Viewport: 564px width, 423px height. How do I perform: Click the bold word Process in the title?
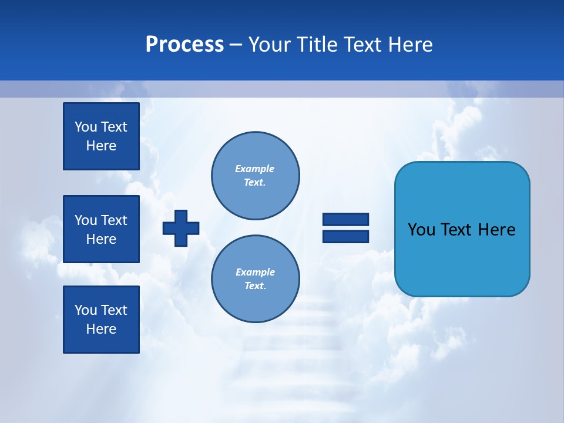[x=184, y=45]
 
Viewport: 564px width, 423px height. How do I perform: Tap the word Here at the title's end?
[x=409, y=45]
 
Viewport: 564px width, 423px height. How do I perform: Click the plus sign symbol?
[x=181, y=229]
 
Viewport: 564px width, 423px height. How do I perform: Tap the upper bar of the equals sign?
[x=345, y=220]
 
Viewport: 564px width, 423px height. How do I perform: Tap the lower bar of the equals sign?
[x=345, y=237]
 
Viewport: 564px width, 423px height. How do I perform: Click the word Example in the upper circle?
[x=255, y=169]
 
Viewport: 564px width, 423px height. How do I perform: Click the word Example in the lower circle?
[x=255, y=272]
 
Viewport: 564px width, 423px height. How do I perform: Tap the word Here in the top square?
[x=101, y=146]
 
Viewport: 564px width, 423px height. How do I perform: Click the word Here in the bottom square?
[x=101, y=329]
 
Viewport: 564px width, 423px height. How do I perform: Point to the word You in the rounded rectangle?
[x=421, y=230]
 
